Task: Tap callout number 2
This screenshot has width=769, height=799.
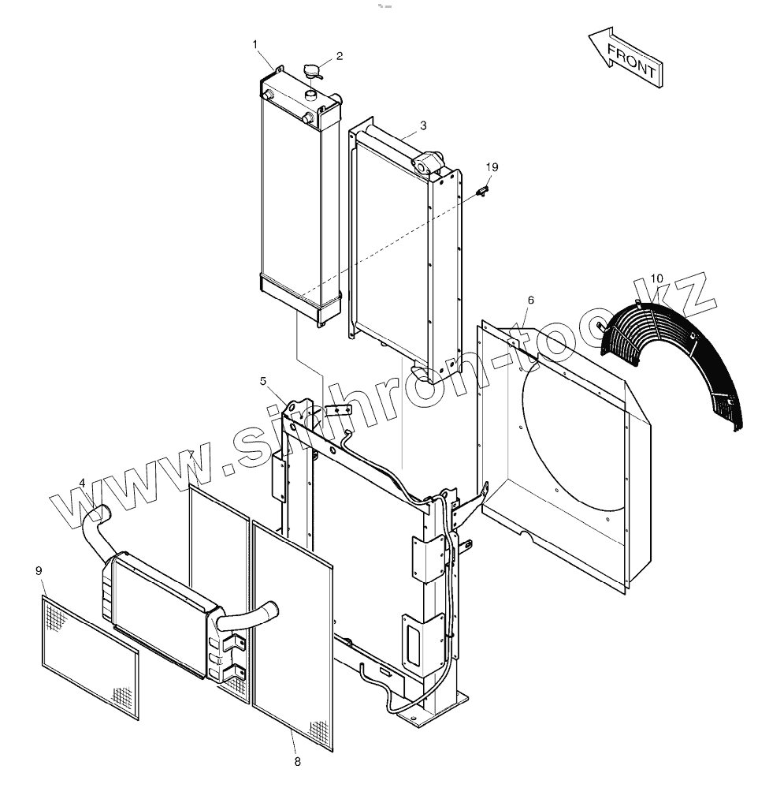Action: tap(340, 56)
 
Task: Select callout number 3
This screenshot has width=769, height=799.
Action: tap(423, 125)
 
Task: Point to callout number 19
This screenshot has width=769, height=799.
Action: tap(492, 167)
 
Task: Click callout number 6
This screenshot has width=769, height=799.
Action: tap(530, 301)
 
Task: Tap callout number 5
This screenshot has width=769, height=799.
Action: tap(264, 382)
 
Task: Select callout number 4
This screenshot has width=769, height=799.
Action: tap(82, 484)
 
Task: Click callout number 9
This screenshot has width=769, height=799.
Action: tap(39, 570)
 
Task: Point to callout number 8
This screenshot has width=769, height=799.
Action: tap(297, 762)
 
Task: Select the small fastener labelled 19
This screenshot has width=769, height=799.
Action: tap(483, 189)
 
